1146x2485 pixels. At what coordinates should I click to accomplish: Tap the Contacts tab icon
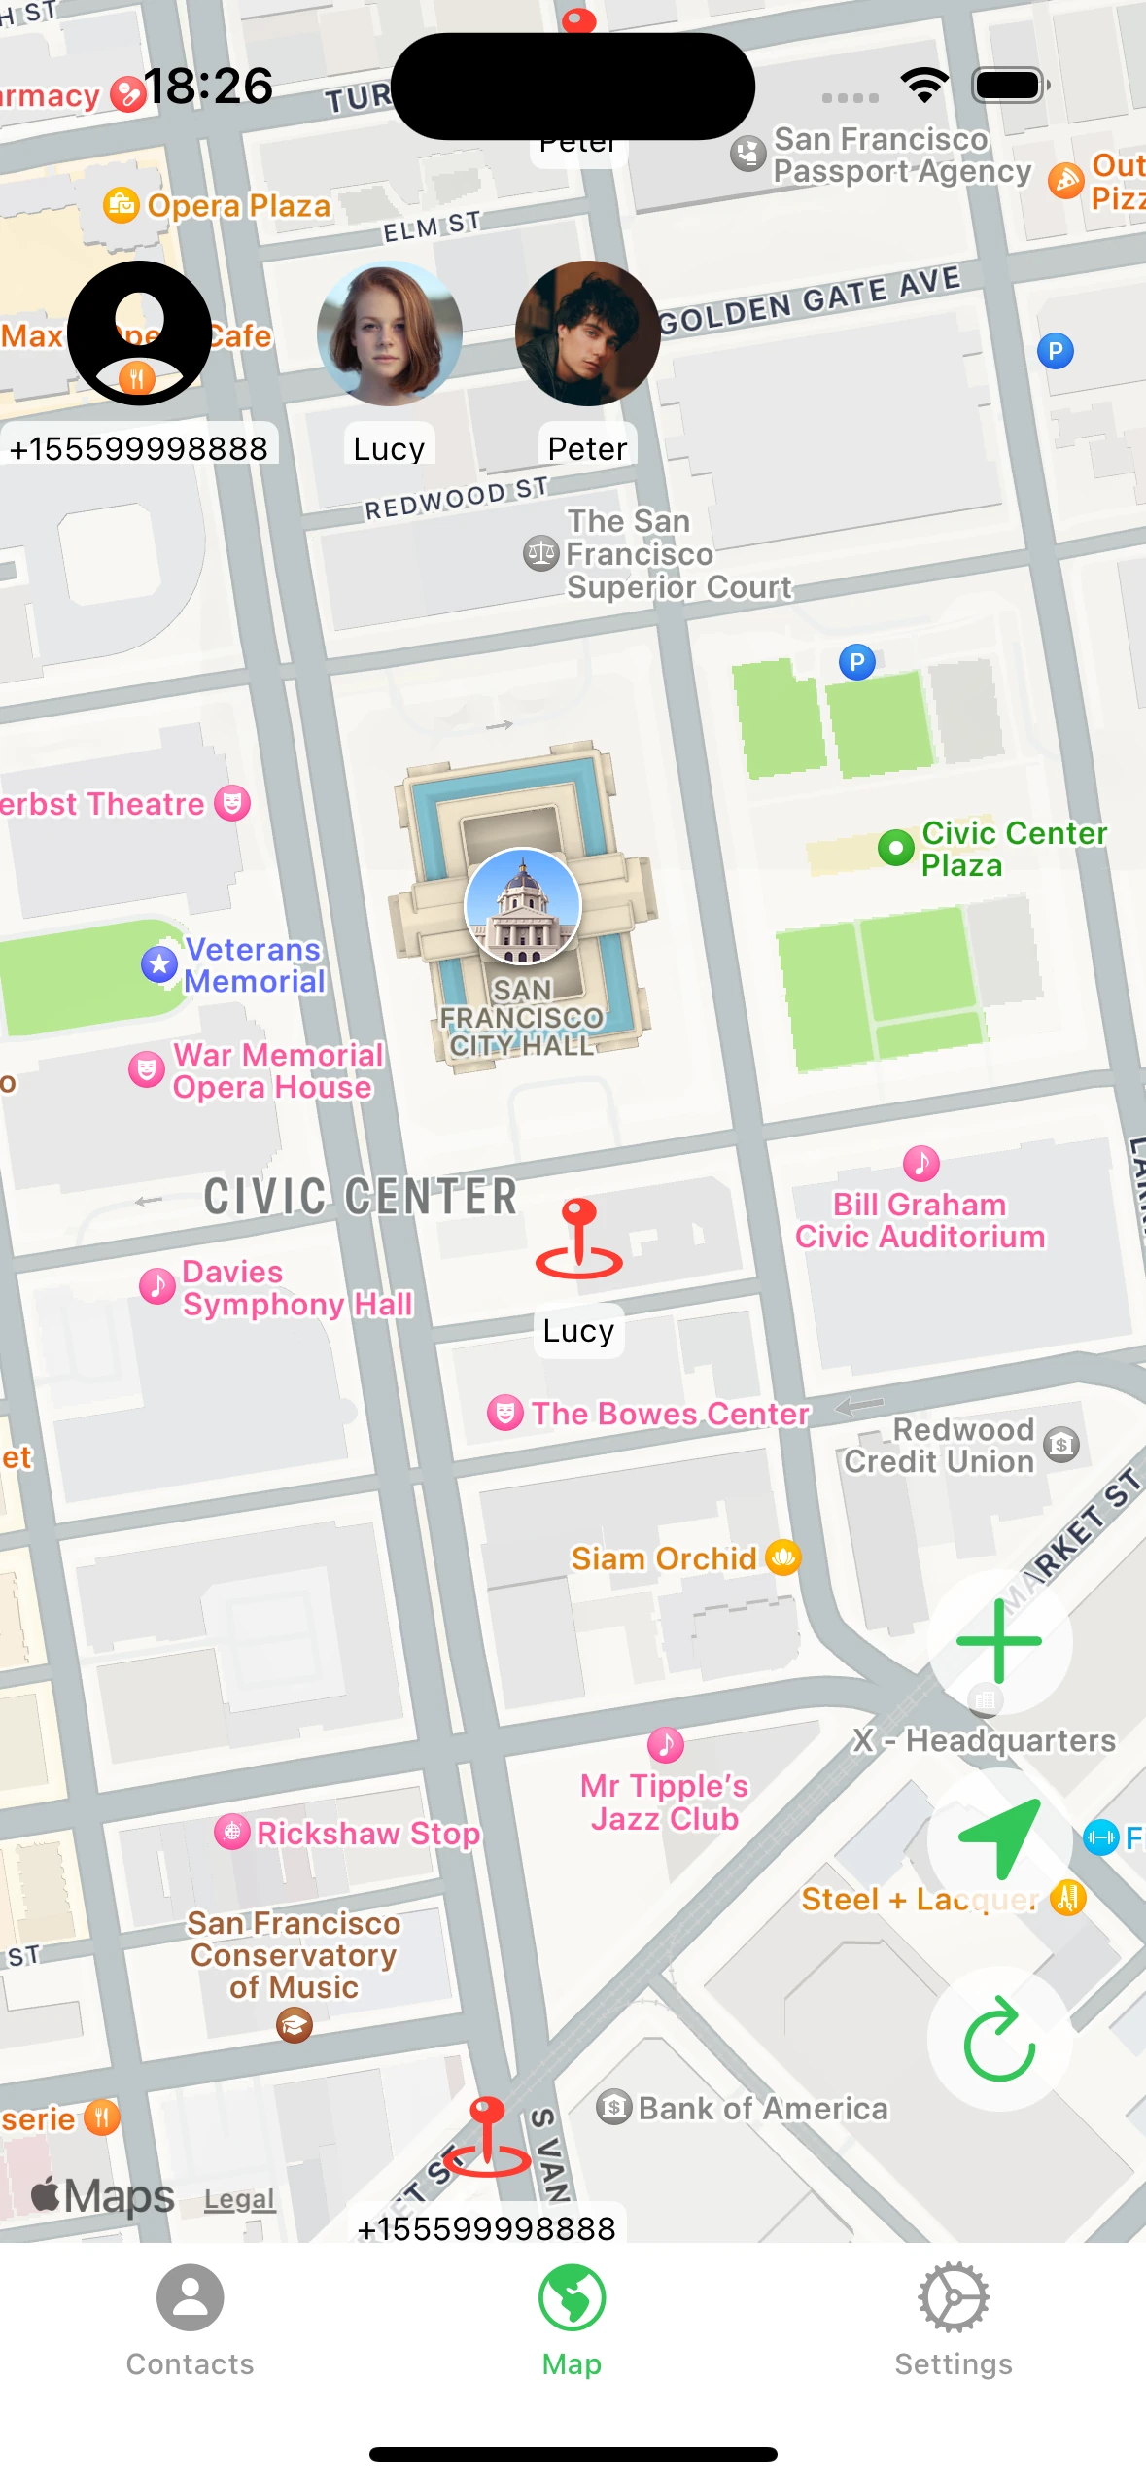coord(191,2297)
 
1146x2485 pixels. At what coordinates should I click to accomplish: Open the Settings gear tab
coord(954,2297)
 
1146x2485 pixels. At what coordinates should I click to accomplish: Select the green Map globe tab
coord(572,2297)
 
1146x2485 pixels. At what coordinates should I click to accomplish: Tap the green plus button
coord(999,1641)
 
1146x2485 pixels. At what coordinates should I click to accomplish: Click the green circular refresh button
coord(999,2040)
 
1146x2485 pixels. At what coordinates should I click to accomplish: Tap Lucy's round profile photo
coord(389,333)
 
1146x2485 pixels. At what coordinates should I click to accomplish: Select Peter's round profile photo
coord(587,333)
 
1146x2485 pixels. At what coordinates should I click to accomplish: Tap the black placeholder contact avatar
coord(139,333)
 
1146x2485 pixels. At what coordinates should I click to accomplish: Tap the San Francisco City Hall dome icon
coord(523,906)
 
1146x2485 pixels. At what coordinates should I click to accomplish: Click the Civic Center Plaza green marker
coord(895,848)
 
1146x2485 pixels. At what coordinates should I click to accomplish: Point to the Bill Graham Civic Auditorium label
coord(920,1220)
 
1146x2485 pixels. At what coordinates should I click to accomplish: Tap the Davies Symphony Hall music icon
coord(157,1286)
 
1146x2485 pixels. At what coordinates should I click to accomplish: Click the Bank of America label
coord(762,2108)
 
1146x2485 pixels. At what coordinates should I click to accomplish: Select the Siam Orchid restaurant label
coord(664,1558)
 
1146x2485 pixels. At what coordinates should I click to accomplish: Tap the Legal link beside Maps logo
coord(239,2199)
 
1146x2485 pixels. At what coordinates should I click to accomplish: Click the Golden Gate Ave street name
coord(809,300)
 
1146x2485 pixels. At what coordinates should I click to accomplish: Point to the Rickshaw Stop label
coord(367,1833)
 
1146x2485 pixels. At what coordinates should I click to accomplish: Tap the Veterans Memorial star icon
coord(159,964)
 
